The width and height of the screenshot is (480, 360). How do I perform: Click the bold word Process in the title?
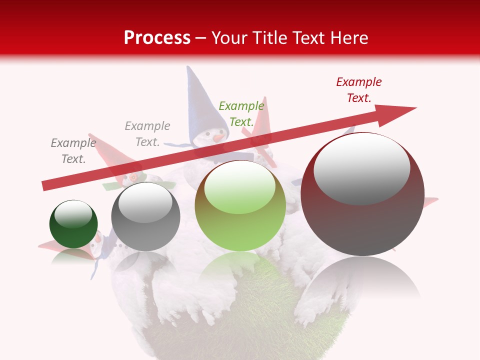tap(157, 38)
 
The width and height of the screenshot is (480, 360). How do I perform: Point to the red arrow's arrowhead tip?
tap(415, 108)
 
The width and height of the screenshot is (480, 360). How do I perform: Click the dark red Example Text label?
tap(358, 90)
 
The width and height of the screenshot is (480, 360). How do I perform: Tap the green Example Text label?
tap(241, 114)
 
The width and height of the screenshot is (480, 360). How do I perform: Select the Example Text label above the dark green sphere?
tap(73, 151)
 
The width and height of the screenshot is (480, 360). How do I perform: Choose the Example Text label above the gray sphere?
tap(147, 134)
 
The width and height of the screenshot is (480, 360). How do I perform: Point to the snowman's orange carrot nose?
tap(218, 136)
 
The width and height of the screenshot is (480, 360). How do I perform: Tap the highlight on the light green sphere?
tap(240, 188)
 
